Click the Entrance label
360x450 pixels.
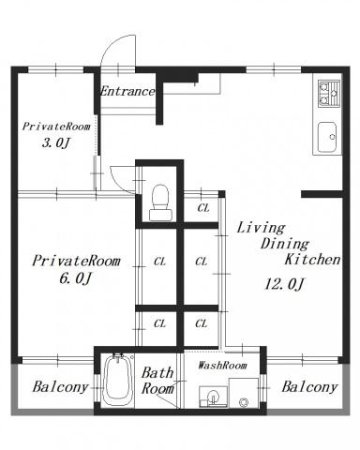tap(127, 91)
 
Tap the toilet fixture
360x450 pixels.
tap(160, 202)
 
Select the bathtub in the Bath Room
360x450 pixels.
tap(117, 381)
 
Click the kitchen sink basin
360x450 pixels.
tap(327, 137)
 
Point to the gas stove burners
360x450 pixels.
tap(329, 94)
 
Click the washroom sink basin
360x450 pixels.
tap(213, 397)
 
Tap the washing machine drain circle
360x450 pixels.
tap(244, 402)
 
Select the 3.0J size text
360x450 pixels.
tap(55, 143)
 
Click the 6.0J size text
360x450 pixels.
tap(75, 278)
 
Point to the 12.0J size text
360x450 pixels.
tap(284, 284)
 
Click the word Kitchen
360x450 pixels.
tap(312, 260)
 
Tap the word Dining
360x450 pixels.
tap(285, 244)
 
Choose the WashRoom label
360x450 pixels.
tap(222, 365)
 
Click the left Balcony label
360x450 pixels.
tap(61, 387)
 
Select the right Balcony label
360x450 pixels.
tap(309, 387)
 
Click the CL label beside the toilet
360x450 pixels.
tap(203, 207)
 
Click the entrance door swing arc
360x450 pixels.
tap(111, 44)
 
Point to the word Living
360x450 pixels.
tap(261, 228)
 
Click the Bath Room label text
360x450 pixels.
tap(157, 381)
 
